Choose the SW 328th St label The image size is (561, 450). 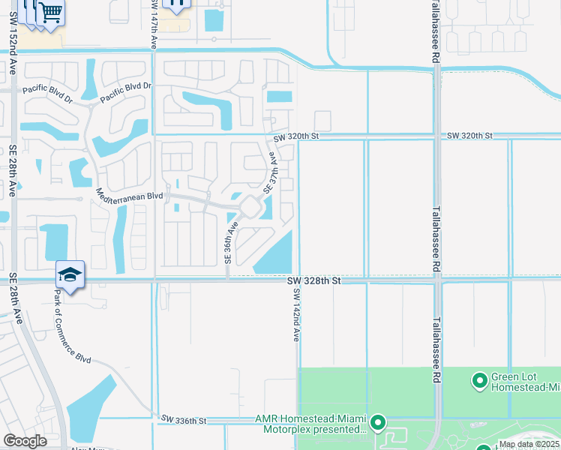pyautogui.click(x=314, y=280)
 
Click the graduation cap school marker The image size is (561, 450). pyautogui.click(x=70, y=274)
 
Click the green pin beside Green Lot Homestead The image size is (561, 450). pyautogui.click(x=479, y=382)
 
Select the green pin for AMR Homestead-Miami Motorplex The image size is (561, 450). pyautogui.click(x=378, y=424)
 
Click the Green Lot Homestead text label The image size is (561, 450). pyautogui.click(x=525, y=382)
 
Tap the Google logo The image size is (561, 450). pyautogui.click(x=25, y=441)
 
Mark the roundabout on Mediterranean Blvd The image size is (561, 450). pyautogui.click(x=250, y=205)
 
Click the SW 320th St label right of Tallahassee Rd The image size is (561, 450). pyautogui.click(x=469, y=136)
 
